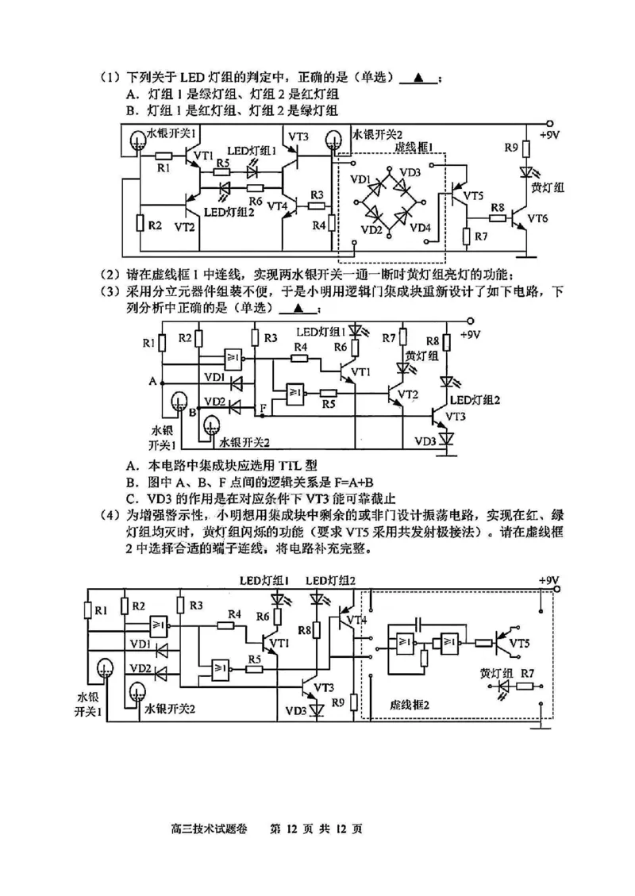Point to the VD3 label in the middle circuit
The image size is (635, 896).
tap(423, 440)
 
